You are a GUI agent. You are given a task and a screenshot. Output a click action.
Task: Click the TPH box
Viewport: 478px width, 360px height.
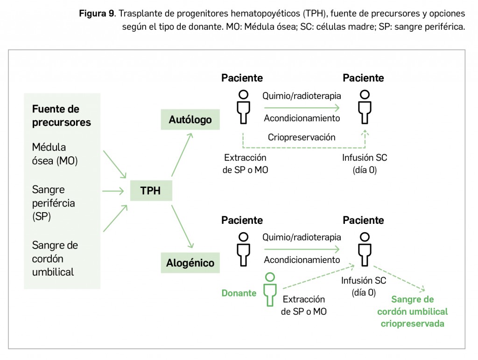click(150, 190)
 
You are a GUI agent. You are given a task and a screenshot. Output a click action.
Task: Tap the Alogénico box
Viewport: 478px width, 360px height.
click(190, 263)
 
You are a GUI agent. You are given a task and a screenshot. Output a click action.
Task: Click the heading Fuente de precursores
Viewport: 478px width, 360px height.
click(61, 116)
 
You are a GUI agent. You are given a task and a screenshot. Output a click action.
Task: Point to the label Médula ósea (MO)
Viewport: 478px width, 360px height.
click(55, 154)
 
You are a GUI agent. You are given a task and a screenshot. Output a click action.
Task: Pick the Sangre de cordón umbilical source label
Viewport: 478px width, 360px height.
click(55, 258)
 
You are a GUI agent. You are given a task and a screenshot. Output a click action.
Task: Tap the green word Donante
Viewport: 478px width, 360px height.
click(239, 293)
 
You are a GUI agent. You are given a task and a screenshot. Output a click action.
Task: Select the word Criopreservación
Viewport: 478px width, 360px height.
click(302, 137)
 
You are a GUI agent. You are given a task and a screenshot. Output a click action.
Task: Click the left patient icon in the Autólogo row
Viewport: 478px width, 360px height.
click(243, 107)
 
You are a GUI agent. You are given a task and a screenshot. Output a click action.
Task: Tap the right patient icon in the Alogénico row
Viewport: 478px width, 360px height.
click(364, 249)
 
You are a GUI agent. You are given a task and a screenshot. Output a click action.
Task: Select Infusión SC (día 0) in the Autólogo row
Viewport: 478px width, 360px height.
click(365, 164)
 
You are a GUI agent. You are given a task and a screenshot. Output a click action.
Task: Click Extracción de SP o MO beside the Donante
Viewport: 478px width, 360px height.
click(304, 305)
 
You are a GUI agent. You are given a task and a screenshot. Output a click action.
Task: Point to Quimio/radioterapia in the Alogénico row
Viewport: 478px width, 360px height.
click(302, 237)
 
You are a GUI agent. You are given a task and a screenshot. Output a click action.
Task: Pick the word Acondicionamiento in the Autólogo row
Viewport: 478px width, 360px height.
click(302, 118)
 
